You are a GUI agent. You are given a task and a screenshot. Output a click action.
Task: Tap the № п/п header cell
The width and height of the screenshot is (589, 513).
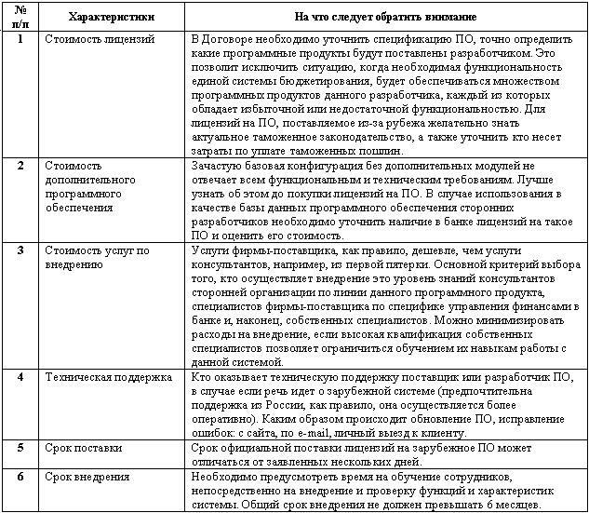20,17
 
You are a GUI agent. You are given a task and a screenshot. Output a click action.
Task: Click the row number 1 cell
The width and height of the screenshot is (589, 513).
20,41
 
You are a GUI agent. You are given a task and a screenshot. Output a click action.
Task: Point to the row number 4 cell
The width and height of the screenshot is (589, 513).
20,376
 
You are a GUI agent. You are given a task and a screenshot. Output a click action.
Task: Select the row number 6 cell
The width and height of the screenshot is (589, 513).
20,475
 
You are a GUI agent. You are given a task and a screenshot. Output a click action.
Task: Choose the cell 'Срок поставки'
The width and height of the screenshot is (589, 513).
83,447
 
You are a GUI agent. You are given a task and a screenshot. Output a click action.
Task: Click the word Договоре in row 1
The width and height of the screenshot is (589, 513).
229,41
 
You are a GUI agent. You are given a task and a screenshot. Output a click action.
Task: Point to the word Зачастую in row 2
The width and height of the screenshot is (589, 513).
217,165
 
